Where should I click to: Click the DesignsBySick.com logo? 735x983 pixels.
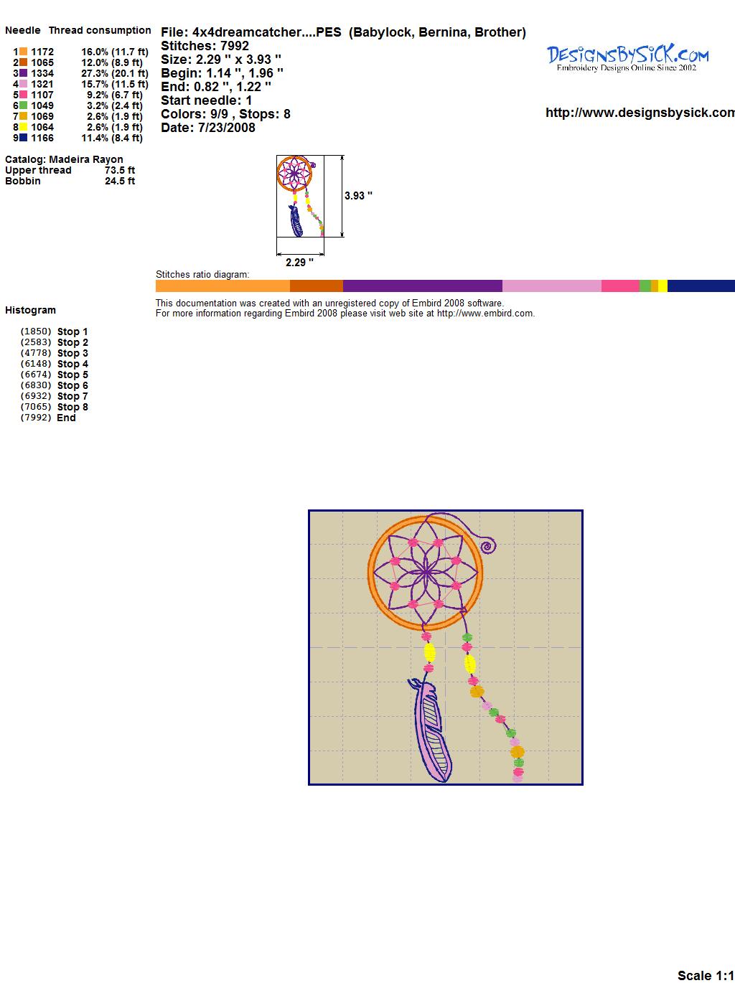point(627,58)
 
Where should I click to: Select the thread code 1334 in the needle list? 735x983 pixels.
point(42,73)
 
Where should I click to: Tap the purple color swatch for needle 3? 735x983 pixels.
point(23,73)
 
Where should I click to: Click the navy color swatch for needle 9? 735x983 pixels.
point(23,138)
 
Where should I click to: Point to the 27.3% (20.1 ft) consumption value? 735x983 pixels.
point(115,73)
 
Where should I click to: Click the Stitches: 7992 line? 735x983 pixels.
point(205,46)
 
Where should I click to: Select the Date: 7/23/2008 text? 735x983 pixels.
point(208,128)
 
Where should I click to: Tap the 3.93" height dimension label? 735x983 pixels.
point(358,196)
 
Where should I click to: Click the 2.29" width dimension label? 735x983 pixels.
point(299,263)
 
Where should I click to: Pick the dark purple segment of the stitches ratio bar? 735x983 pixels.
point(422,286)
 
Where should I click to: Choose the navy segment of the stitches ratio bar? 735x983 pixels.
point(701,286)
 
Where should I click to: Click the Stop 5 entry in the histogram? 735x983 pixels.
point(72,375)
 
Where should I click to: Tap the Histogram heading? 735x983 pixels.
point(30,310)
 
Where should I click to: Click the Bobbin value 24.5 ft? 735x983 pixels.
point(120,181)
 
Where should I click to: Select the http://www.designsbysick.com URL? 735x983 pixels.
point(640,113)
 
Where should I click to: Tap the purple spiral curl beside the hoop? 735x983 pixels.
point(488,546)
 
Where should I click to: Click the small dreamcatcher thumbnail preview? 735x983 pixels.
point(300,196)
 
